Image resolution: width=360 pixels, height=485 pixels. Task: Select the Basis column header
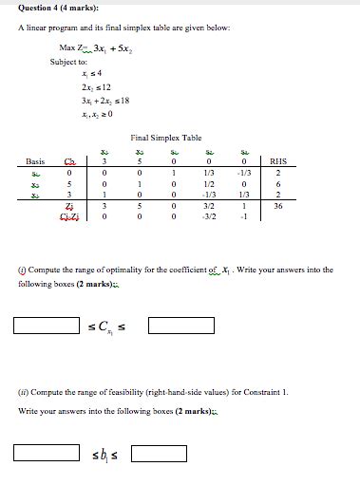pyautogui.click(x=35, y=161)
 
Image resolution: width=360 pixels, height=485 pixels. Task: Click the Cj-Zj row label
pyautogui.click(x=66, y=215)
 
